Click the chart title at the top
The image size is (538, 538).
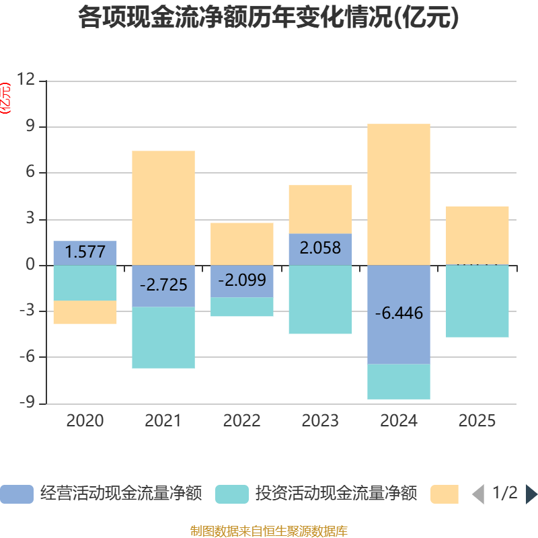268,17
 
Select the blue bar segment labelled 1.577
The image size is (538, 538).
85,253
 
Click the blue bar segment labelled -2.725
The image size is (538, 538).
163,286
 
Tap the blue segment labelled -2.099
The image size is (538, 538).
241,281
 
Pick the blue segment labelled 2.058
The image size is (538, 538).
320,249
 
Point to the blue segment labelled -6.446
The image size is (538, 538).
399,314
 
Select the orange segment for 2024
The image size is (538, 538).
399,194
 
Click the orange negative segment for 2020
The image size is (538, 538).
85,312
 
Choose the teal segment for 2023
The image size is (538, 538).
320,300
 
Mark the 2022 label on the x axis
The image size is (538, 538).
241,421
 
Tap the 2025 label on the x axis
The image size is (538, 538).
477,421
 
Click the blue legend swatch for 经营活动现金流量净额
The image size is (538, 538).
16,494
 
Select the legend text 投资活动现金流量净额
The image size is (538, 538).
336,494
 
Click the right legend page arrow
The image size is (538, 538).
531,494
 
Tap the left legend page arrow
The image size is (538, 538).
477,494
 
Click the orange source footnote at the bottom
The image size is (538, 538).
268,531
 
